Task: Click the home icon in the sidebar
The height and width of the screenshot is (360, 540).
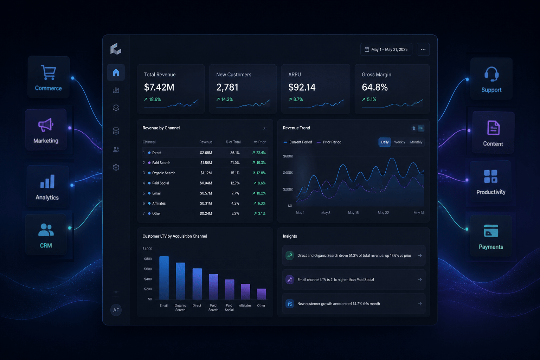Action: click(116, 72)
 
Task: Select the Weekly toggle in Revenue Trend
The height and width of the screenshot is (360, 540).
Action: click(399, 142)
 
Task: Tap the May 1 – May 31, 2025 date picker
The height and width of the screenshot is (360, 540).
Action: click(386, 50)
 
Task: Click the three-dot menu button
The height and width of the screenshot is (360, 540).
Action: click(423, 50)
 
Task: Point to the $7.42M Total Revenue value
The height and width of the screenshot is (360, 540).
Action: click(159, 87)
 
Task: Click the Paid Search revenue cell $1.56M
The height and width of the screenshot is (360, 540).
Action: click(206, 163)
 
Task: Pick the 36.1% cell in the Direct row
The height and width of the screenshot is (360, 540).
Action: click(235, 153)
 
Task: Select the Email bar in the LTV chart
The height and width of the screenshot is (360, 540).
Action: click(164, 278)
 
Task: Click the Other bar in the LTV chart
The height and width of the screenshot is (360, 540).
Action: click(261, 294)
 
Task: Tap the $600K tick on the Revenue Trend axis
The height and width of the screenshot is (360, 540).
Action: click(288, 156)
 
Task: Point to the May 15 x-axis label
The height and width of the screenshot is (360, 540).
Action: click(353, 213)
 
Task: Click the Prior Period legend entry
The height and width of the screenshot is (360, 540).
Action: click(329, 142)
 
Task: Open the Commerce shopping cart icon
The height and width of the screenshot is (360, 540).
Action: click(49, 72)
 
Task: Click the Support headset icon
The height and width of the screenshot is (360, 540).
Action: click(491, 74)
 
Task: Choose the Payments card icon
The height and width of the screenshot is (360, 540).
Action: click(491, 231)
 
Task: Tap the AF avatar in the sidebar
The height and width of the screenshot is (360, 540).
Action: click(116, 310)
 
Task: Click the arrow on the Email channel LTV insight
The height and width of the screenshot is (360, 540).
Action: click(420, 280)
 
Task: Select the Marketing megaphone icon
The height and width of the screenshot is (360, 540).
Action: click(46, 125)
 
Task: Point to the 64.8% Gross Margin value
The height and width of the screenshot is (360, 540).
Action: click(375, 87)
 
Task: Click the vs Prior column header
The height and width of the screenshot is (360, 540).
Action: click(260, 142)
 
